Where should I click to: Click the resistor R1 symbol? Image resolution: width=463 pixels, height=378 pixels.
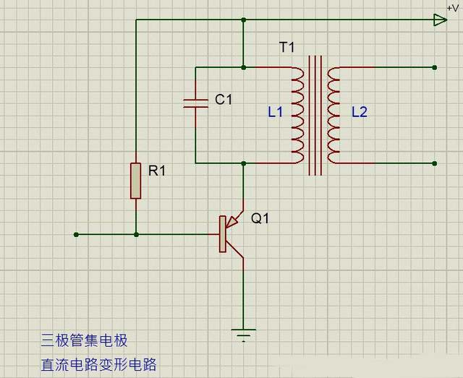pyautogui.click(x=135, y=181)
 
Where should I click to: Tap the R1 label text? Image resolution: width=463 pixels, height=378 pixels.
pyautogui.click(x=157, y=171)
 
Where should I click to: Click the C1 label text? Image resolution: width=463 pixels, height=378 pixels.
pyautogui.click(x=224, y=100)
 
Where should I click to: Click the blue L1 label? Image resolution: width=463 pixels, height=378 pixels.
pyautogui.click(x=275, y=112)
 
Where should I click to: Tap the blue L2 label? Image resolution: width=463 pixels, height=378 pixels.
pyautogui.click(x=359, y=112)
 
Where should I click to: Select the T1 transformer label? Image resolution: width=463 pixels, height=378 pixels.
pyautogui.click(x=286, y=47)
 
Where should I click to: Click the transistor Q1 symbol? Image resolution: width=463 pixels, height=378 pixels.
pyautogui.click(x=230, y=233)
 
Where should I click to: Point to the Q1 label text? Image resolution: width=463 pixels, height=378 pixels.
pyautogui.click(x=260, y=218)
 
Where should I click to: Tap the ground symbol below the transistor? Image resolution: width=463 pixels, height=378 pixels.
pyautogui.click(x=243, y=333)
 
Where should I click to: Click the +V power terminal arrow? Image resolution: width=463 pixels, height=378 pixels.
pyautogui.click(x=440, y=20)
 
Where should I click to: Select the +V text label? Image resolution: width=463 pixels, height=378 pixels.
pyautogui.click(x=453, y=7)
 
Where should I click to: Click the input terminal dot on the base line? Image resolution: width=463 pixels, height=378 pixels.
pyautogui.click(x=76, y=234)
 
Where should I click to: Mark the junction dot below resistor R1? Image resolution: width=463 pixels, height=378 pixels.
pyautogui.click(x=136, y=234)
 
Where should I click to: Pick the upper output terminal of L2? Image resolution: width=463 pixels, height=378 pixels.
pyautogui.click(x=434, y=68)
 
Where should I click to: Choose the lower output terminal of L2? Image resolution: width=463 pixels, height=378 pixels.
pyautogui.click(x=434, y=163)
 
